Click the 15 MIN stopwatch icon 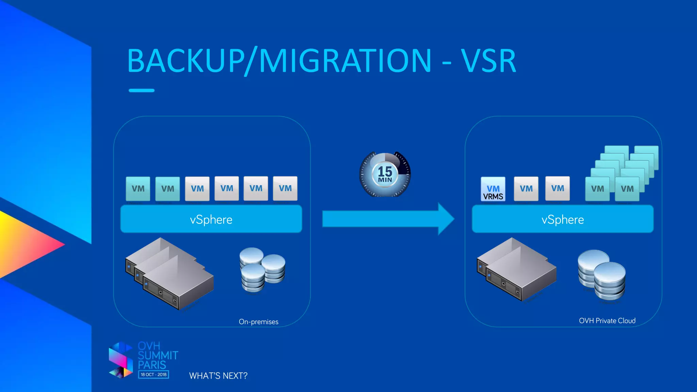(385, 174)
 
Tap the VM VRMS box (493, 189)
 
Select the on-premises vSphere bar (211, 219)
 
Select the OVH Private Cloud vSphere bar (563, 219)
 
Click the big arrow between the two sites (388, 219)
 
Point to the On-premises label (258, 322)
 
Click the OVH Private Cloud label (607, 321)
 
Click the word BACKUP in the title (185, 61)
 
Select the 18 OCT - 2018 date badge (153, 374)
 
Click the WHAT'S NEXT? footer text (218, 376)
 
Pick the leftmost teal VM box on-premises (138, 188)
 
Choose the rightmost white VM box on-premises (285, 188)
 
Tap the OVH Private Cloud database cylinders (602, 276)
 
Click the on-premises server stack (169, 274)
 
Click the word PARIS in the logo (152, 365)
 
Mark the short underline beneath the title (142, 91)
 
